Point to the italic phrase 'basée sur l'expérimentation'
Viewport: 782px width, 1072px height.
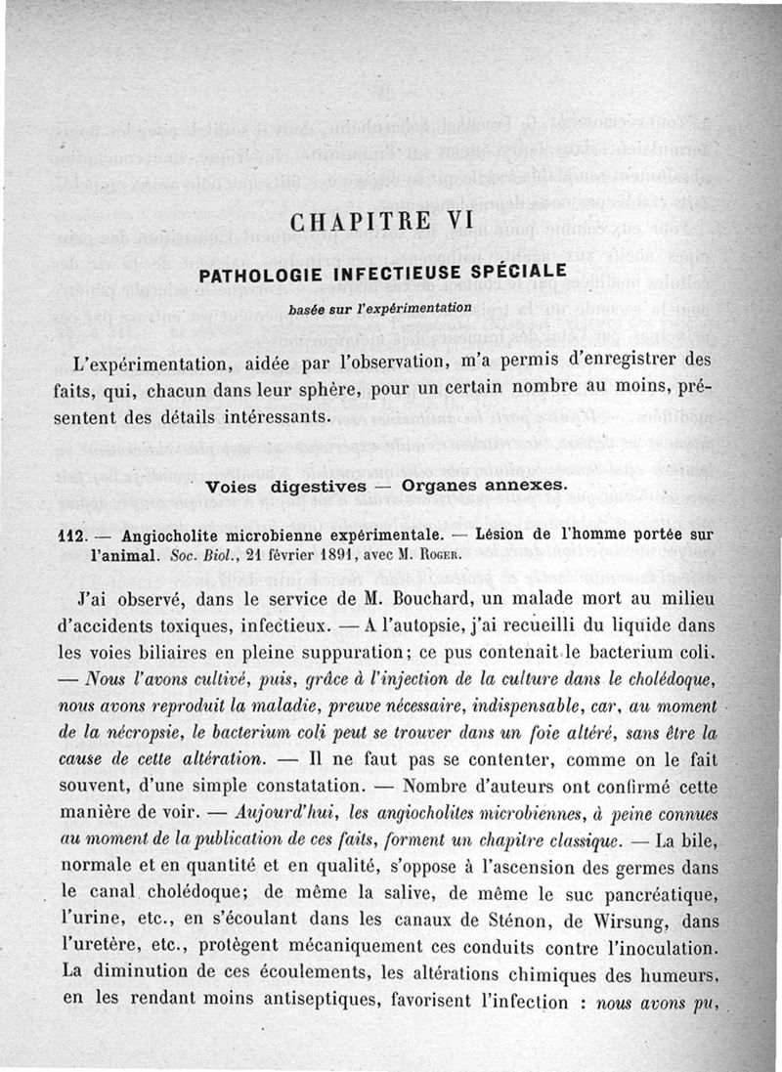click(379, 309)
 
